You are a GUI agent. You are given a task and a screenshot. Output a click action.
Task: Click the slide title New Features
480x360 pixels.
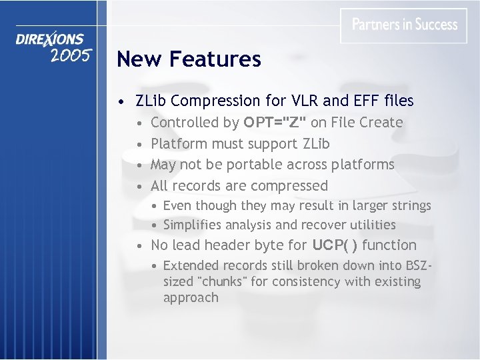(189, 59)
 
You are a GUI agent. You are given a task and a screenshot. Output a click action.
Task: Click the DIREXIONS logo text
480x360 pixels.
(50, 40)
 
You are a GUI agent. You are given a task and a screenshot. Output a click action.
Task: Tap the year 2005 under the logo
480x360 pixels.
(70, 55)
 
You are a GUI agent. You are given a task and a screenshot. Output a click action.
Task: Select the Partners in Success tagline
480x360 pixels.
(404, 25)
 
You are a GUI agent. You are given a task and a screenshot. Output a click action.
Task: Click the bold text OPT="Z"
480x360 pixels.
(275, 123)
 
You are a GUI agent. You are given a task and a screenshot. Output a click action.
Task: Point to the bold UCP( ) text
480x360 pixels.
(327, 245)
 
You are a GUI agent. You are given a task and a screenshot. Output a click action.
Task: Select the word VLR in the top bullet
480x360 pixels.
(307, 101)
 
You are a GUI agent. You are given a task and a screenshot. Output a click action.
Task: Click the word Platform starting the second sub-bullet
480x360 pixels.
(179, 144)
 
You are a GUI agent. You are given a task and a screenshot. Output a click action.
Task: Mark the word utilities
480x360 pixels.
(371, 225)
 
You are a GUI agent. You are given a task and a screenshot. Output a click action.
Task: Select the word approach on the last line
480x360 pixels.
(191, 297)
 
